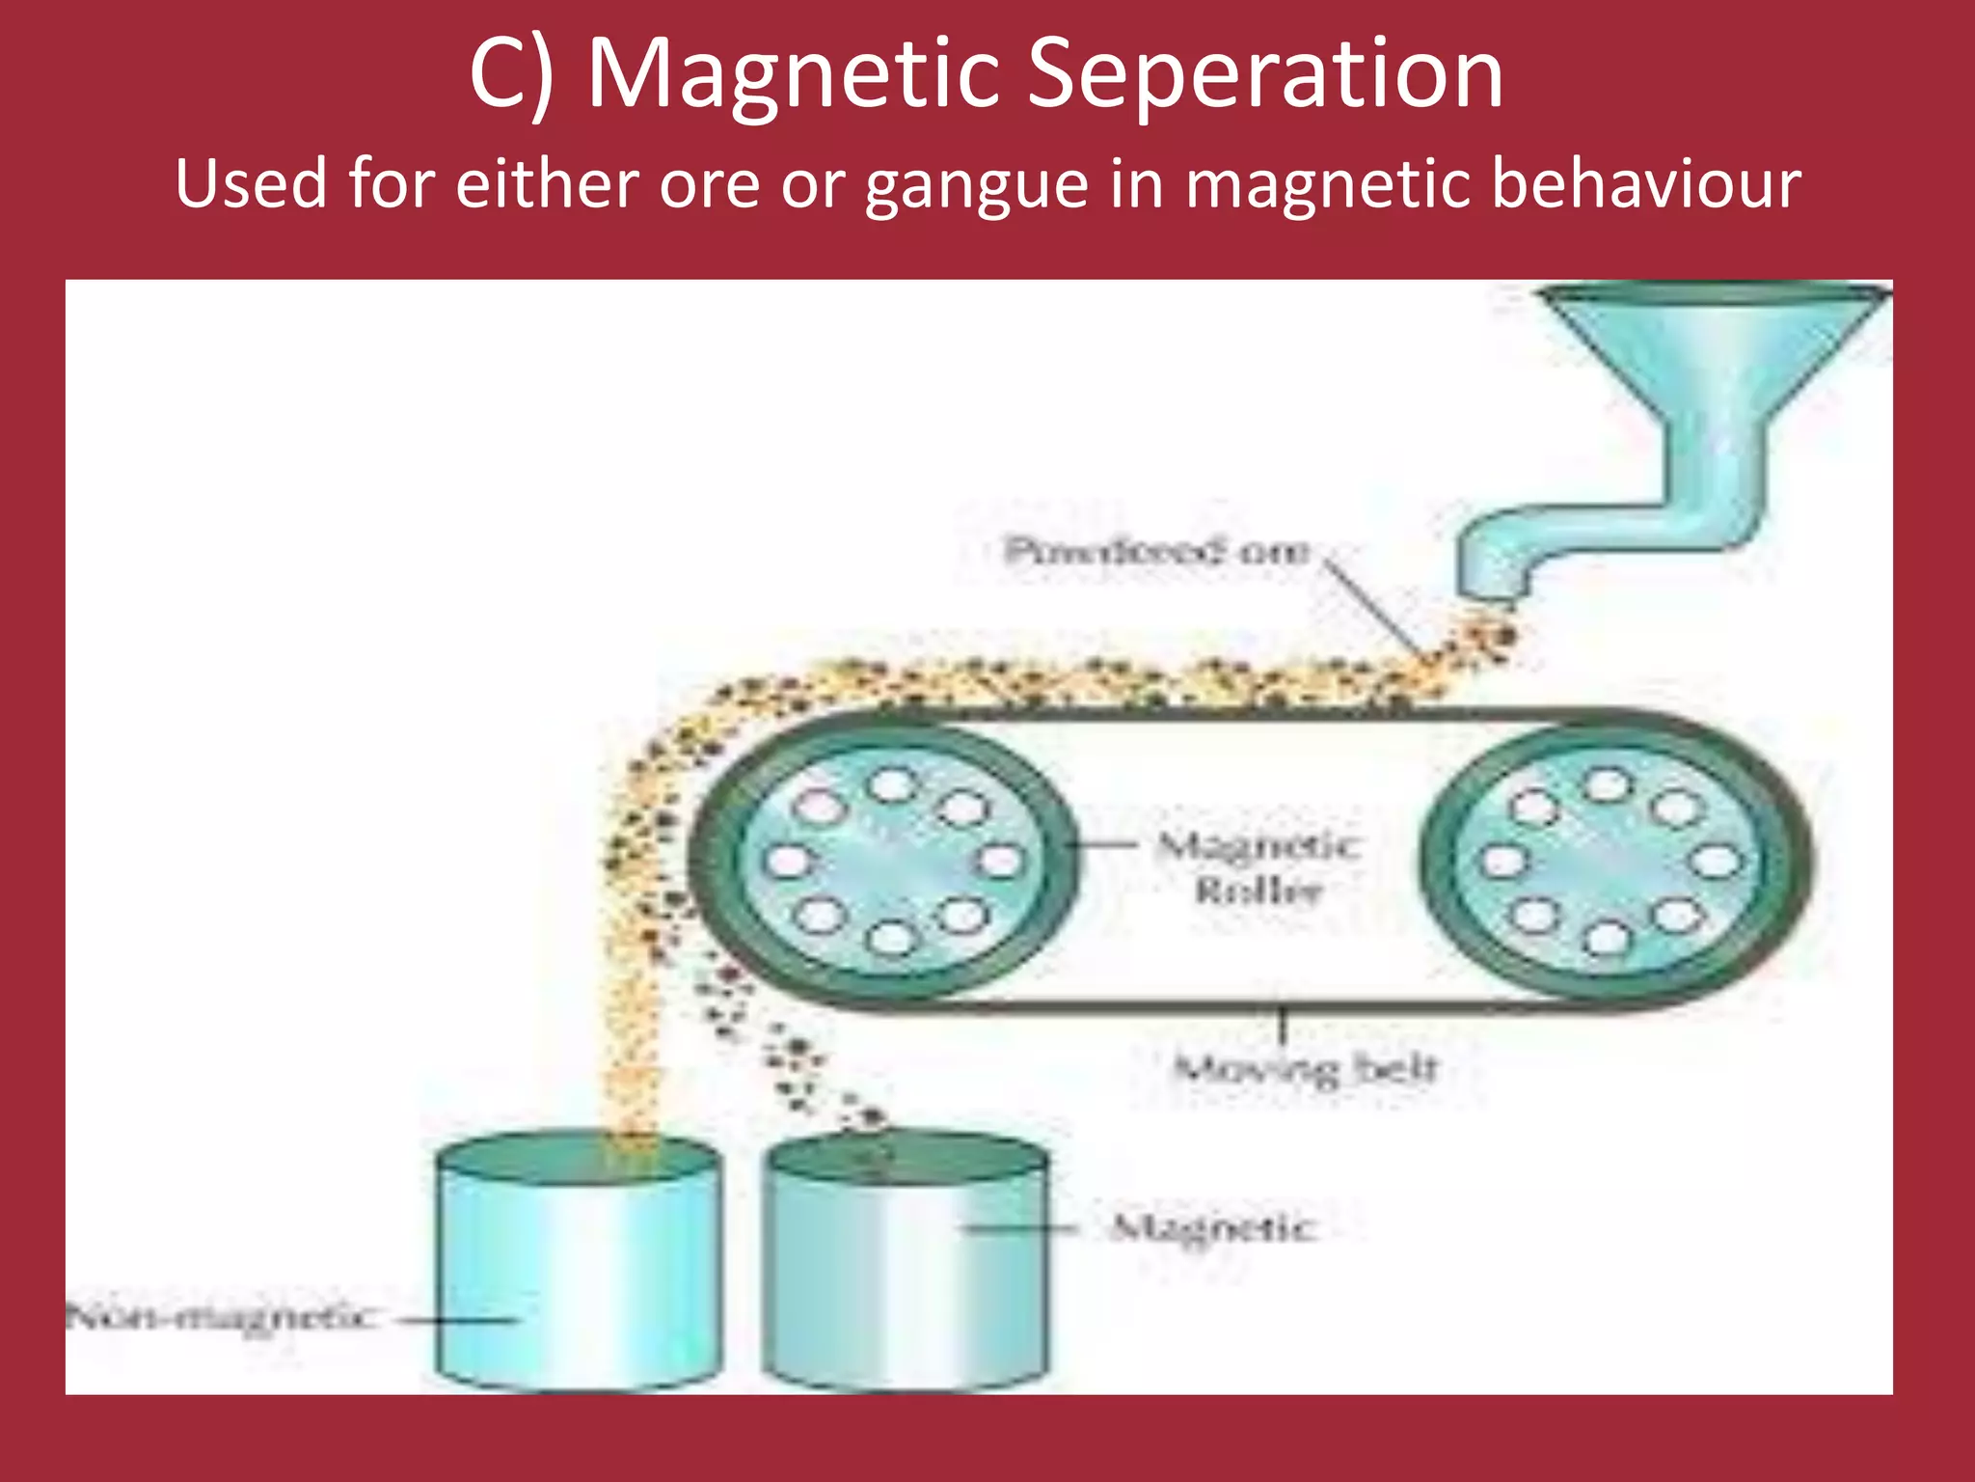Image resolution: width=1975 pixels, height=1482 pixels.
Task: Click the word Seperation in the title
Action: (x=1263, y=75)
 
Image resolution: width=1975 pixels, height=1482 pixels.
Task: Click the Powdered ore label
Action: (x=1156, y=551)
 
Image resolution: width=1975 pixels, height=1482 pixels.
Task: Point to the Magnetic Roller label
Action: (x=1258, y=867)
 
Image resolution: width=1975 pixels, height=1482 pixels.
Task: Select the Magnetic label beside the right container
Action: (x=1213, y=1228)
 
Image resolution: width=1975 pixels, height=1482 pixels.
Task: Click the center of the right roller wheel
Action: (x=1607, y=862)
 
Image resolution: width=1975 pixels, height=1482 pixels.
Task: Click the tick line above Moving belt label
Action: (x=1283, y=1025)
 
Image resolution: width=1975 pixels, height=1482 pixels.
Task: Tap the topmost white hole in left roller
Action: (x=892, y=784)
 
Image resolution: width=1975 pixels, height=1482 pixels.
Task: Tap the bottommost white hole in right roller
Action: (x=1604, y=938)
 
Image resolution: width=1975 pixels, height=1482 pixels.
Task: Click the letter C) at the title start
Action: (x=511, y=75)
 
